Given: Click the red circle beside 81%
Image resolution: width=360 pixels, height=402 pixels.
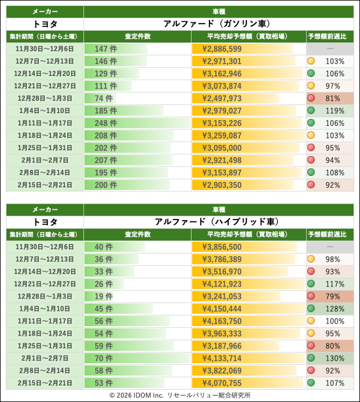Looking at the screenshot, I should pos(311,98).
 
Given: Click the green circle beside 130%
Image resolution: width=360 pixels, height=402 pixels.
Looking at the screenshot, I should pos(311,358).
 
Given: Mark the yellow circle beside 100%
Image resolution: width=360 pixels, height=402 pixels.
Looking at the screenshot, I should pos(311,321).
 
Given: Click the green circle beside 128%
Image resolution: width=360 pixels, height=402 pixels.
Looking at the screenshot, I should pos(311,308).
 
